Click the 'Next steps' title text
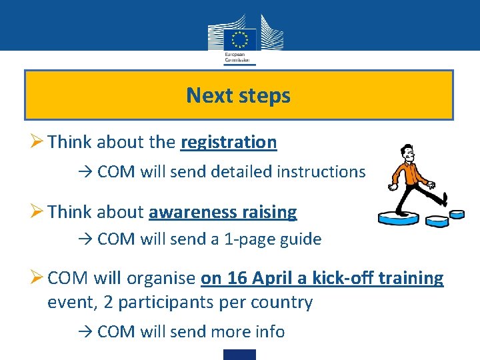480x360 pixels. point(239,95)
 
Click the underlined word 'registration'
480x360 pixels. point(228,142)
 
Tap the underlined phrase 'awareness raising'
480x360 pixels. point(223,213)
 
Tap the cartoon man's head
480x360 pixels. point(404,154)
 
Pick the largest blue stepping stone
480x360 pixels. point(400,217)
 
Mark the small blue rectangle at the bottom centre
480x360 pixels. point(239,354)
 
